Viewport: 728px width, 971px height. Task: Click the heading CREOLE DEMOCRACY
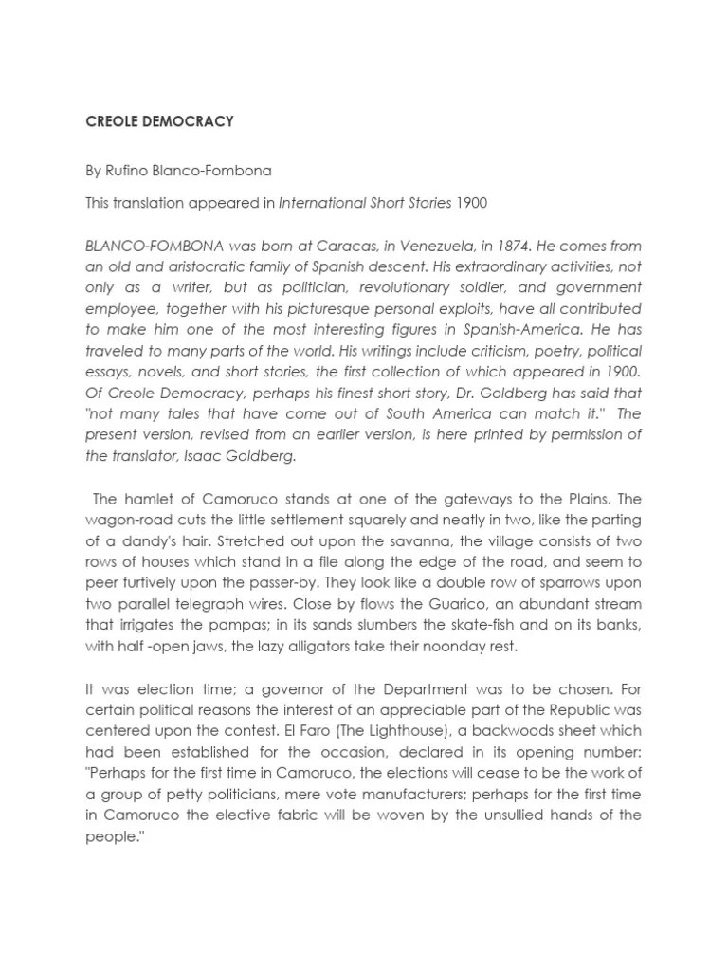(x=159, y=122)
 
